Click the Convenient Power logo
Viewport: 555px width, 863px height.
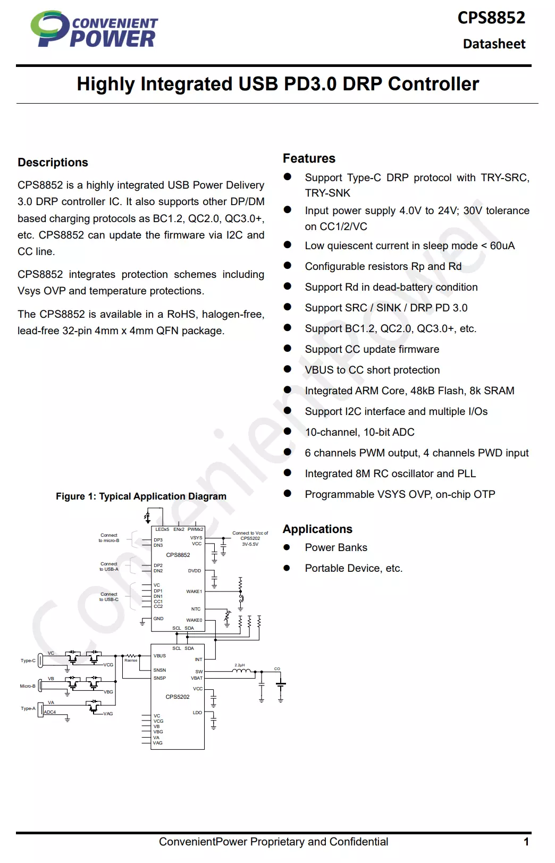[x=94, y=30]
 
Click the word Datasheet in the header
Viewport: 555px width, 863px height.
[x=494, y=44]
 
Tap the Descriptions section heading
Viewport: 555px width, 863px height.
[x=53, y=163]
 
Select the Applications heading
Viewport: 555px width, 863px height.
[x=317, y=529]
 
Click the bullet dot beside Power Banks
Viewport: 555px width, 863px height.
[x=287, y=547]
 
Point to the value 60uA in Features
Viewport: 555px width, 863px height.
[x=502, y=246]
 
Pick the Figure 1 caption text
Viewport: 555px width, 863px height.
[x=141, y=496]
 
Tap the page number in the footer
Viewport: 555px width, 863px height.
[x=526, y=842]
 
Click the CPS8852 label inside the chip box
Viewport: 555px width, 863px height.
[x=178, y=555]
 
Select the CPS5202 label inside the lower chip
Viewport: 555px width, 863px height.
[x=178, y=697]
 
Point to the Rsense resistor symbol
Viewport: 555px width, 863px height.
[x=130, y=656]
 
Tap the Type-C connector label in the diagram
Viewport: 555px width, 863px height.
[x=28, y=661]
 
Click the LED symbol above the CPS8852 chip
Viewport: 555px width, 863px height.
[x=147, y=517]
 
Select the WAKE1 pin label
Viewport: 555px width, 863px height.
[x=194, y=591]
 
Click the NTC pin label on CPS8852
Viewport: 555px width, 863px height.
[x=196, y=609]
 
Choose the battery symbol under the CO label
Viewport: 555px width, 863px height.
[x=281, y=685]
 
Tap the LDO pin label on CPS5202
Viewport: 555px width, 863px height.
[x=197, y=713]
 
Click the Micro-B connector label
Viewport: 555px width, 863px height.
[x=28, y=686]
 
